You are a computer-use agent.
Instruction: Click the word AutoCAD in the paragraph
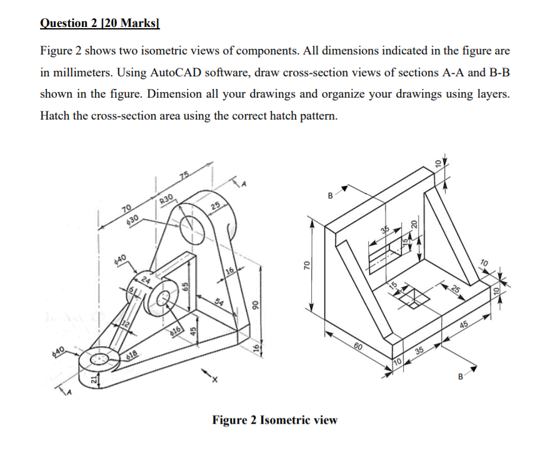pyautogui.click(x=176, y=72)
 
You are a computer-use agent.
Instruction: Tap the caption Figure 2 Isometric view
pyautogui.click(x=274, y=419)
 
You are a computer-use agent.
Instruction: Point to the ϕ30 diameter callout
pyautogui.click(x=131, y=220)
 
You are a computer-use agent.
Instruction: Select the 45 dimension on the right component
pyautogui.click(x=464, y=324)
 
